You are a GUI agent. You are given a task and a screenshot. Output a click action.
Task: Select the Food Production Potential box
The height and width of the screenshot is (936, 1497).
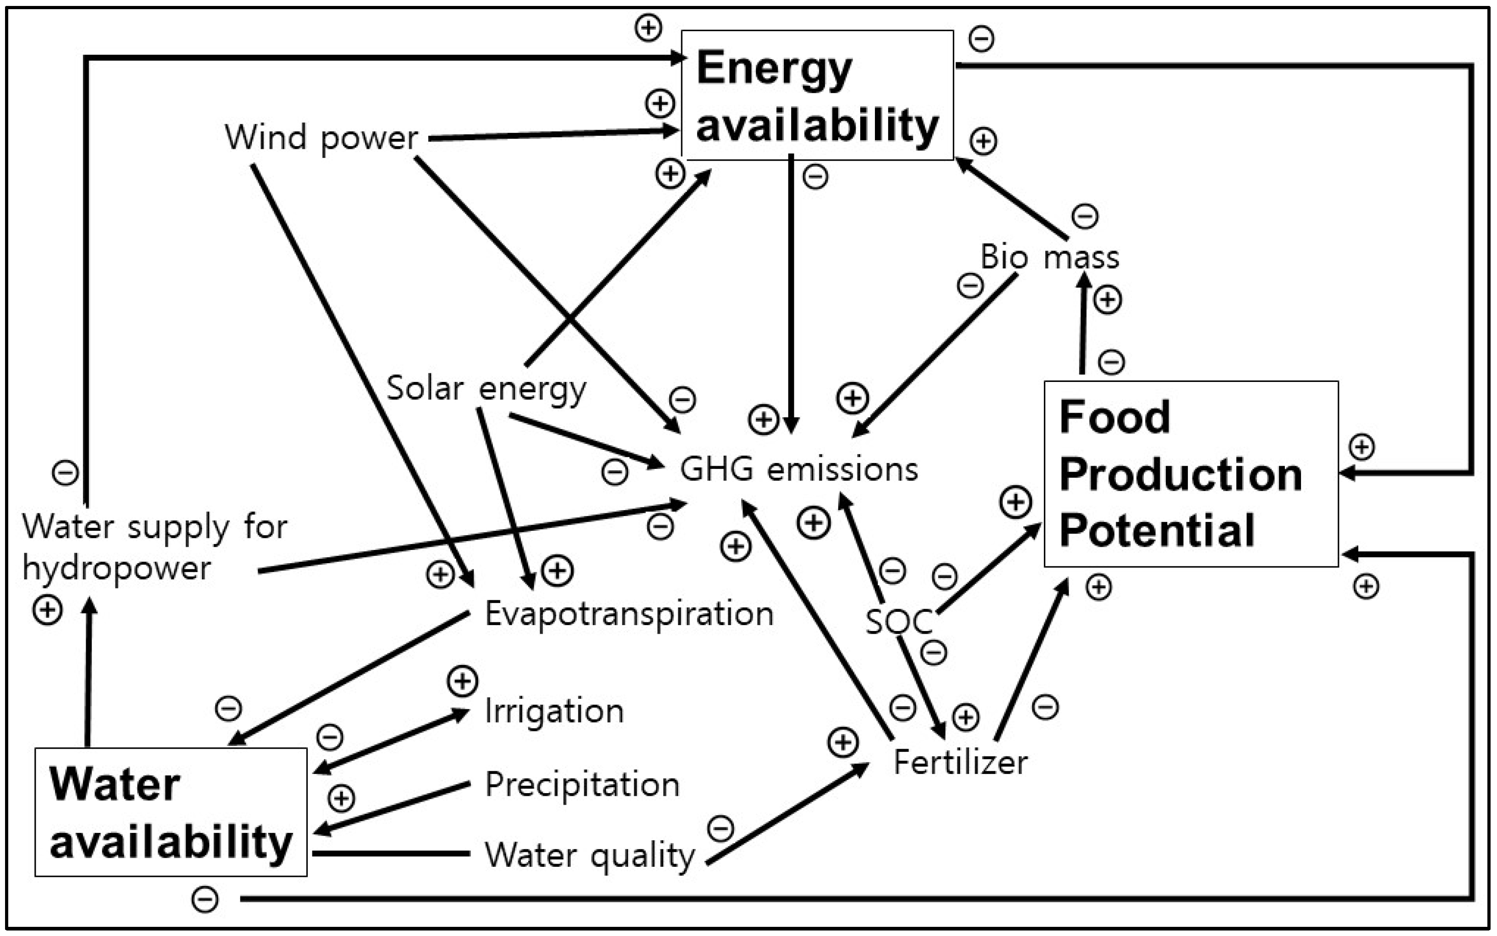pyautogui.click(x=1191, y=473)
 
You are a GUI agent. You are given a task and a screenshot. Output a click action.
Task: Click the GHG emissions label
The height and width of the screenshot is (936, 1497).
pyautogui.click(x=798, y=469)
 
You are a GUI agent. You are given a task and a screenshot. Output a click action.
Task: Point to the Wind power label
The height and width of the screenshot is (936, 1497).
pyautogui.click(x=321, y=137)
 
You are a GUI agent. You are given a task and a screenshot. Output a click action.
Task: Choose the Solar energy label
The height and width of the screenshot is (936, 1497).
pyautogui.click(x=486, y=389)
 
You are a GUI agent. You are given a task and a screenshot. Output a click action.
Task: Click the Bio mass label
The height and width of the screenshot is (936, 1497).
pyautogui.click(x=1050, y=257)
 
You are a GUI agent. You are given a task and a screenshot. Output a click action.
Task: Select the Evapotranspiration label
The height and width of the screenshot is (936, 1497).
pyautogui.click(x=629, y=614)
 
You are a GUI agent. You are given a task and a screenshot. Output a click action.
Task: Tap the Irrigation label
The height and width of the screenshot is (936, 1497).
pyautogui.click(x=554, y=711)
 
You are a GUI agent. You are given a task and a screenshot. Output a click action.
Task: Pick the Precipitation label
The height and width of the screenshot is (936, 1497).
pyautogui.click(x=582, y=784)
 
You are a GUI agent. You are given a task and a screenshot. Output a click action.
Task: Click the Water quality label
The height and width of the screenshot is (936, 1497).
pyautogui.click(x=590, y=855)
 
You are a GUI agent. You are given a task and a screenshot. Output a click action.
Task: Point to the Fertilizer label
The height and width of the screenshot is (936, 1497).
pyautogui.click(x=960, y=762)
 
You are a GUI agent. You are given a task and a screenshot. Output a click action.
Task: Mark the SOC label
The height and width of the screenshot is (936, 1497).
pyautogui.click(x=898, y=621)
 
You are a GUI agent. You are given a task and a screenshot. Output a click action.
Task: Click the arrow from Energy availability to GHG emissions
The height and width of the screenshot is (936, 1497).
pyautogui.click(x=791, y=291)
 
